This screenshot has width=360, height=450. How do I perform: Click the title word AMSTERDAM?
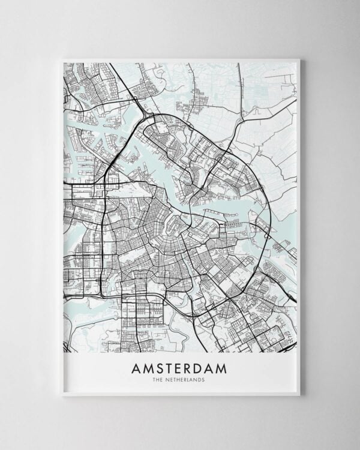click(x=179, y=368)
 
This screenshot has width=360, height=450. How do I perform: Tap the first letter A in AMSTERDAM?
click(x=136, y=368)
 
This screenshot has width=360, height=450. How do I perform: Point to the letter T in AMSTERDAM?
click(x=169, y=368)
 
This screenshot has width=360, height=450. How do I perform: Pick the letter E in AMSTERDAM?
click(x=179, y=368)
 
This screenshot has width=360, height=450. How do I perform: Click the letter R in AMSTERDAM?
click(x=188, y=368)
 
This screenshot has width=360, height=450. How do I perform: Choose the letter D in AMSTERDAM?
click(x=199, y=368)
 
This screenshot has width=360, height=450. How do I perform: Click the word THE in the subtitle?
click(x=158, y=379)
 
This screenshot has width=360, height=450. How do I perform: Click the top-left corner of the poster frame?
click(x=62, y=59)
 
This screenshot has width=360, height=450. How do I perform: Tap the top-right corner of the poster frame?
click(x=299, y=59)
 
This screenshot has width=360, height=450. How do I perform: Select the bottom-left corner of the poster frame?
click(x=62, y=395)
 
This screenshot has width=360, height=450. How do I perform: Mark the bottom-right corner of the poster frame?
click(x=299, y=395)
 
